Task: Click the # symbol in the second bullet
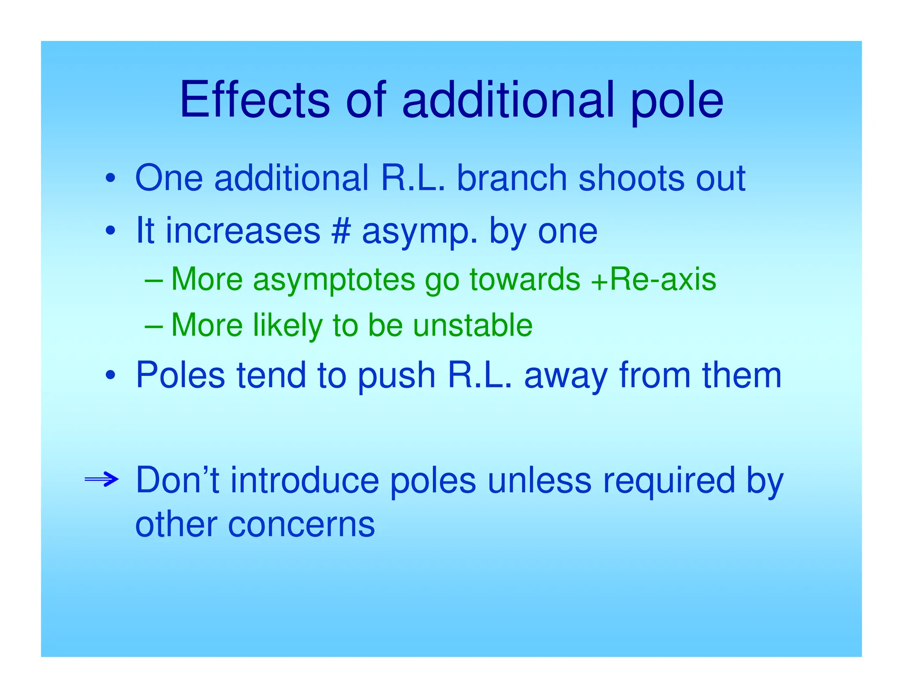coord(341,231)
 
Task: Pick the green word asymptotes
coord(334,281)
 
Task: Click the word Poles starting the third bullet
coord(180,375)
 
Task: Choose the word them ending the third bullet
coord(742,375)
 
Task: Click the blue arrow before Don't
coord(101,479)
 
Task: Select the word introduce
coord(305,480)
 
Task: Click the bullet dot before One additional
coord(110,179)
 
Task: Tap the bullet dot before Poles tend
coord(110,375)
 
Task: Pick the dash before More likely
coord(154,326)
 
